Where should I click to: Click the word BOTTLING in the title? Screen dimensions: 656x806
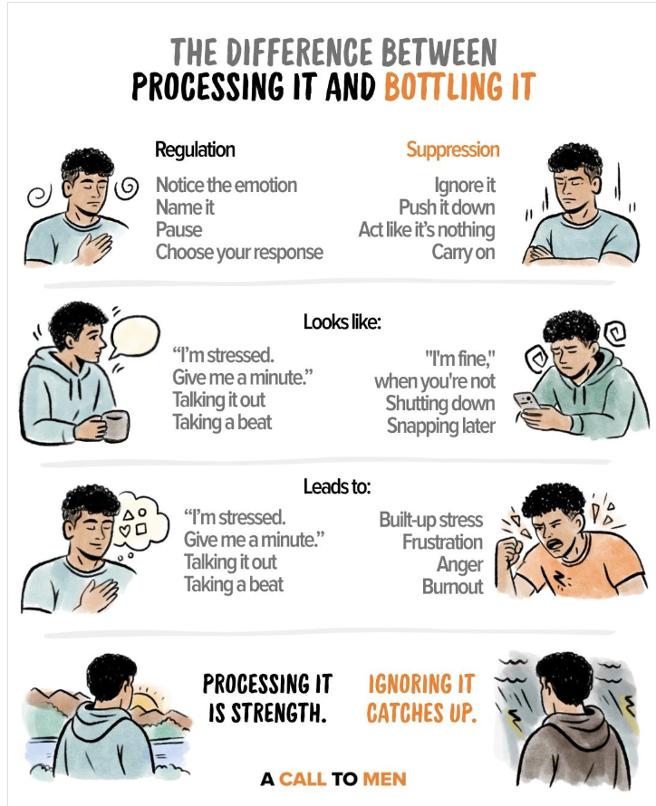[x=444, y=86]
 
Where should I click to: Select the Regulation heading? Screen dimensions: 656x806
[x=195, y=149]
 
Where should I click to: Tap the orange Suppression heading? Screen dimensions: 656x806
[x=453, y=149]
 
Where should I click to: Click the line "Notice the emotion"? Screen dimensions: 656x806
[x=227, y=185]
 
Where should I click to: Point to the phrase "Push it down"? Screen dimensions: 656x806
[x=447, y=207]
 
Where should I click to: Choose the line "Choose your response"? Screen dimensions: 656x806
[x=239, y=253]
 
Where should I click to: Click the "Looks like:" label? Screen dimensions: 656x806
[x=342, y=322]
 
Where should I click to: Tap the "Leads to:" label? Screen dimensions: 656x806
[x=337, y=486]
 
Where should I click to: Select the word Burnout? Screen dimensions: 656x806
[x=452, y=587]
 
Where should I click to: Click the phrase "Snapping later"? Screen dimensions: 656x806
[x=441, y=426]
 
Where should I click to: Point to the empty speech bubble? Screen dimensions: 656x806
[x=135, y=337]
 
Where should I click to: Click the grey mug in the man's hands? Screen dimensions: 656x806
[x=116, y=425]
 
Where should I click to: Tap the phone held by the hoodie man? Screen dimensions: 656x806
[x=527, y=402]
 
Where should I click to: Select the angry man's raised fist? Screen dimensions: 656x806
[x=512, y=551]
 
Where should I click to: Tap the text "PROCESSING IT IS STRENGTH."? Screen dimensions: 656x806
[x=267, y=698]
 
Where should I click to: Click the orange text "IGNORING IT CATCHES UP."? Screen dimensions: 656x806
[x=421, y=698]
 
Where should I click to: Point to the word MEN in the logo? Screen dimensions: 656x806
[x=384, y=779]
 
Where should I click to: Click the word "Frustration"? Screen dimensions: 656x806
[x=442, y=542]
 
